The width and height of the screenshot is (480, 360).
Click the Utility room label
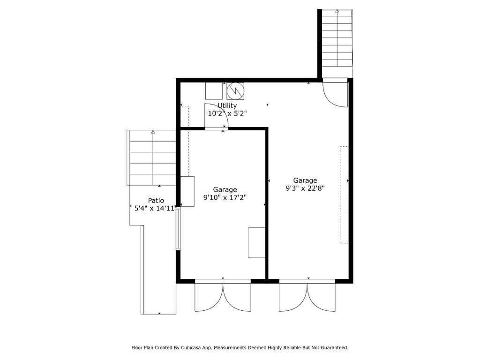click(227, 105)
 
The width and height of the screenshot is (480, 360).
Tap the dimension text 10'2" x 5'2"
click(227, 113)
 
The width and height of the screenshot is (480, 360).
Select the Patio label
click(156, 200)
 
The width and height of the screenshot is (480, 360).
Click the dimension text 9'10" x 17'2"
click(225, 197)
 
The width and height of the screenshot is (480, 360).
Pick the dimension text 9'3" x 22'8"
click(305, 188)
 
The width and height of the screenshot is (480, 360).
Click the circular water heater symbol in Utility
click(235, 91)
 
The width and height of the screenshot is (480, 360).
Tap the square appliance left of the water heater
click(214, 91)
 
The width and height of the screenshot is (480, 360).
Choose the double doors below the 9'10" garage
click(223, 296)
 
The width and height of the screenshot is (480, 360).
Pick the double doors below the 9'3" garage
click(307, 296)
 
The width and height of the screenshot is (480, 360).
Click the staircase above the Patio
click(153, 157)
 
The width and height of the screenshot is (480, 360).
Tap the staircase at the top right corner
click(337, 38)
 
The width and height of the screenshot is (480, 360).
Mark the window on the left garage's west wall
click(178, 230)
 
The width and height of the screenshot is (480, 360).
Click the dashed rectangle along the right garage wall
click(344, 195)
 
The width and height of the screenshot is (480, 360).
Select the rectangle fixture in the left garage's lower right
click(256, 242)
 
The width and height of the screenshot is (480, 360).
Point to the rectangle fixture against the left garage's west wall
click(187, 191)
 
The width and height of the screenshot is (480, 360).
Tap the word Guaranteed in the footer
click(332, 348)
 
